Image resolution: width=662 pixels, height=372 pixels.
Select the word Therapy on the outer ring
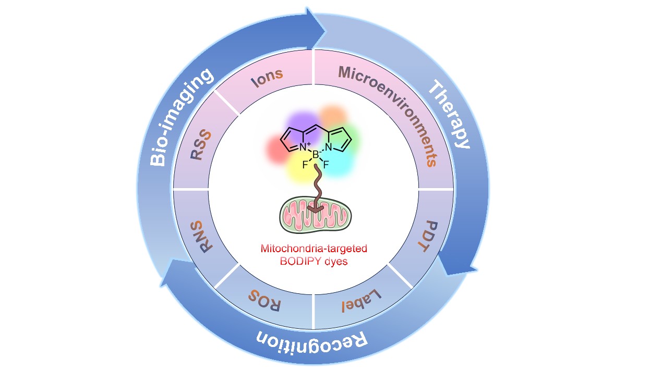(450, 115)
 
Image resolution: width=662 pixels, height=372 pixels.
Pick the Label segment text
(360, 301)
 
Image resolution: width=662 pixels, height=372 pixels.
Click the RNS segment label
(201, 238)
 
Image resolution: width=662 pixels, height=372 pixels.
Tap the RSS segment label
(201, 145)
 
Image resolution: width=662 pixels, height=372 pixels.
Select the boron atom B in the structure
(315, 155)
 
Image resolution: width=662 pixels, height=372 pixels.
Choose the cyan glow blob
(339, 161)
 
